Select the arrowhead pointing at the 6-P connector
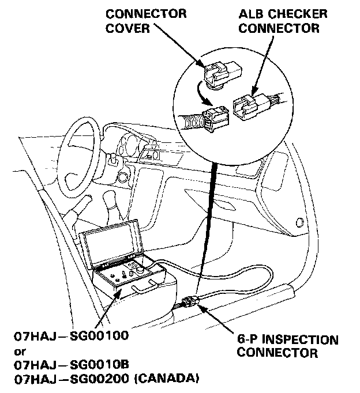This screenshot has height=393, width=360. click(203, 308)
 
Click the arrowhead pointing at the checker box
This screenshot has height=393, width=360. click(119, 293)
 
